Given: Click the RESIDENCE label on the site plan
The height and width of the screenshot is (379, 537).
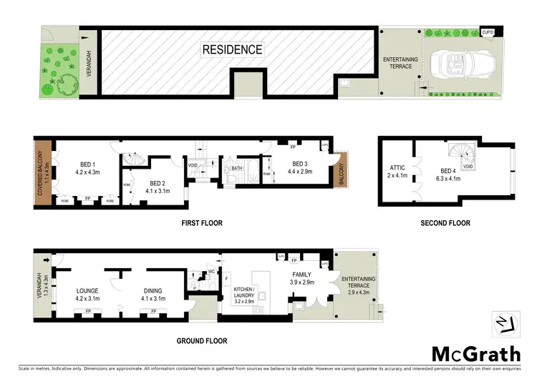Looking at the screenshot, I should [x=232, y=50].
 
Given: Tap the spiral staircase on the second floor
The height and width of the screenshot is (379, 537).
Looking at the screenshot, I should [x=461, y=154].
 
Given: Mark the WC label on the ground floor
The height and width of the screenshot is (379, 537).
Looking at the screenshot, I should [x=212, y=272].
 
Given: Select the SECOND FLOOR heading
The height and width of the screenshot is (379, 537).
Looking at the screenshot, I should [x=445, y=223].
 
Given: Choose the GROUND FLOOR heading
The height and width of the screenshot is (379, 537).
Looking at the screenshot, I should [x=202, y=341].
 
